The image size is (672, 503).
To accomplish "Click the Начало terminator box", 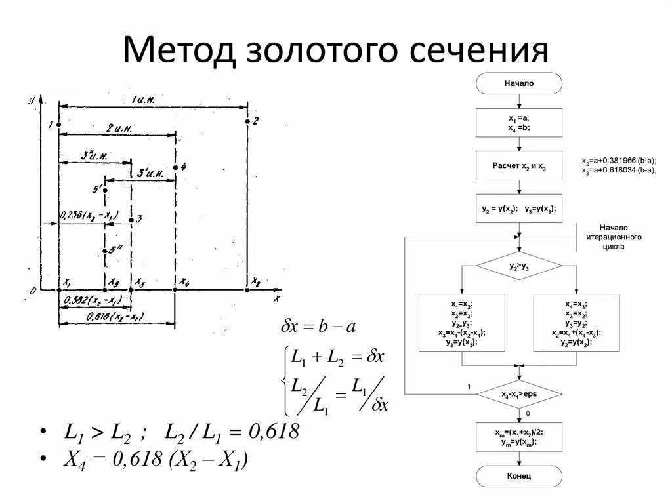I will (x=519, y=83).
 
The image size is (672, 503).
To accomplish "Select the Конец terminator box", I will (x=519, y=476).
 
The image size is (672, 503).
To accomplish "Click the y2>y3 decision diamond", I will (x=519, y=266).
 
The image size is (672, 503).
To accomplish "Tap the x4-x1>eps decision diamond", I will (x=519, y=395).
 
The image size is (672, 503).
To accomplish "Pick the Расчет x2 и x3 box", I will (x=519, y=166).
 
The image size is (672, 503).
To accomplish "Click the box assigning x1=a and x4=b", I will (x=519, y=123).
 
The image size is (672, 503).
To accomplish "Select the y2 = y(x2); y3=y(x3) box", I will (x=519, y=209).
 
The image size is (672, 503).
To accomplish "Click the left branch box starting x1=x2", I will (x=462, y=323).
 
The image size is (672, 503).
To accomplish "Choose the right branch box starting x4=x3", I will (x=576, y=323).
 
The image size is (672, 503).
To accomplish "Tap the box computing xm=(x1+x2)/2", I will (x=519, y=437).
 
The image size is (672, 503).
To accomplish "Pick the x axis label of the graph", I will (x=276, y=299).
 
